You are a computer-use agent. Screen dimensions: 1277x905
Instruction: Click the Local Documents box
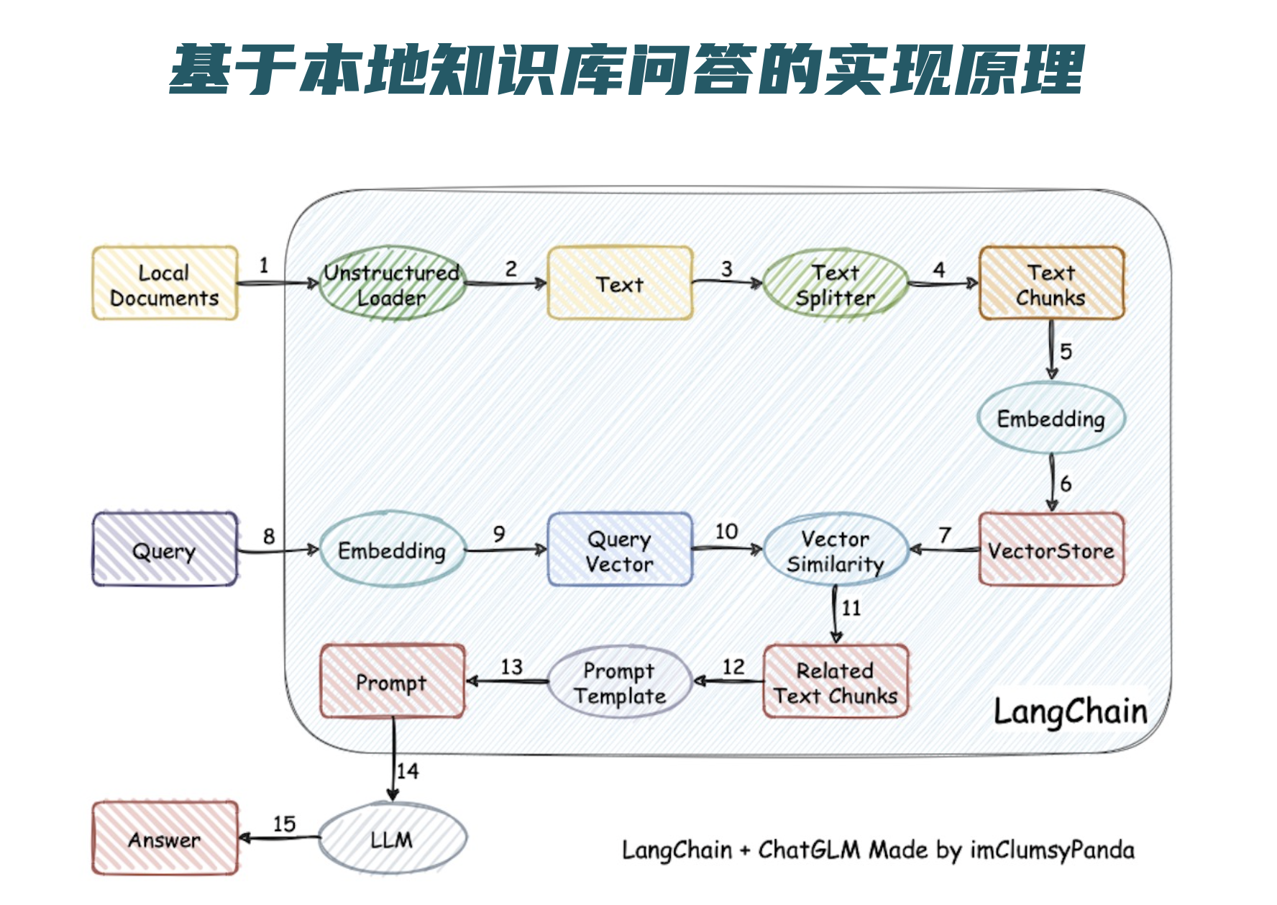coord(165,283)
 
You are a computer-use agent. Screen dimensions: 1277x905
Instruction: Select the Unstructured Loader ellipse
coord(392,283)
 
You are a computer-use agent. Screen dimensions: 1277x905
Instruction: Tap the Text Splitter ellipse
coord(836,284)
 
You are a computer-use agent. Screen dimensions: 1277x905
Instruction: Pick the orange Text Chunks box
coord(1051,283)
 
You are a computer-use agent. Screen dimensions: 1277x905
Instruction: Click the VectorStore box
coord(1051,549)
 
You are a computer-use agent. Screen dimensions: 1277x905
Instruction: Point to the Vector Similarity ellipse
coord(836,550)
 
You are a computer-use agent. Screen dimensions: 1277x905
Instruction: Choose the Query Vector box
coord(620,550)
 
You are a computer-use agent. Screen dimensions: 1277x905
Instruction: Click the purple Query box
coord(165,549)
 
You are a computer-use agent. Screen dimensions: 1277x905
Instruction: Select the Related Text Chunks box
coord(836,681)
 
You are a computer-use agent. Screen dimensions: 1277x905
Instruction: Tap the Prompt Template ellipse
coord(620,682)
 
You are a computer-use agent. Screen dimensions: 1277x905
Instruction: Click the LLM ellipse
coord(392,838)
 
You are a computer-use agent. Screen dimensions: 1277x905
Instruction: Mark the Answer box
coord(165,838)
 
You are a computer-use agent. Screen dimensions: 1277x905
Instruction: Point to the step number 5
coord(1066,351)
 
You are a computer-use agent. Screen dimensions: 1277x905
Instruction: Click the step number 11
coord(851,609)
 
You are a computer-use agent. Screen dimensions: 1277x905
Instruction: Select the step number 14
coord(408,771)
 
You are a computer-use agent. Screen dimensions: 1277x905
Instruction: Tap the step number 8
coord(269,536)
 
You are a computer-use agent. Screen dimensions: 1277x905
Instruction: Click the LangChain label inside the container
coord(1071,711)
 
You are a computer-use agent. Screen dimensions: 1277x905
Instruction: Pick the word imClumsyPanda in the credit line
coord(1053,850)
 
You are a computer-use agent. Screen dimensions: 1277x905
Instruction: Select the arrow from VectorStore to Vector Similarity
coord(944,550)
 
